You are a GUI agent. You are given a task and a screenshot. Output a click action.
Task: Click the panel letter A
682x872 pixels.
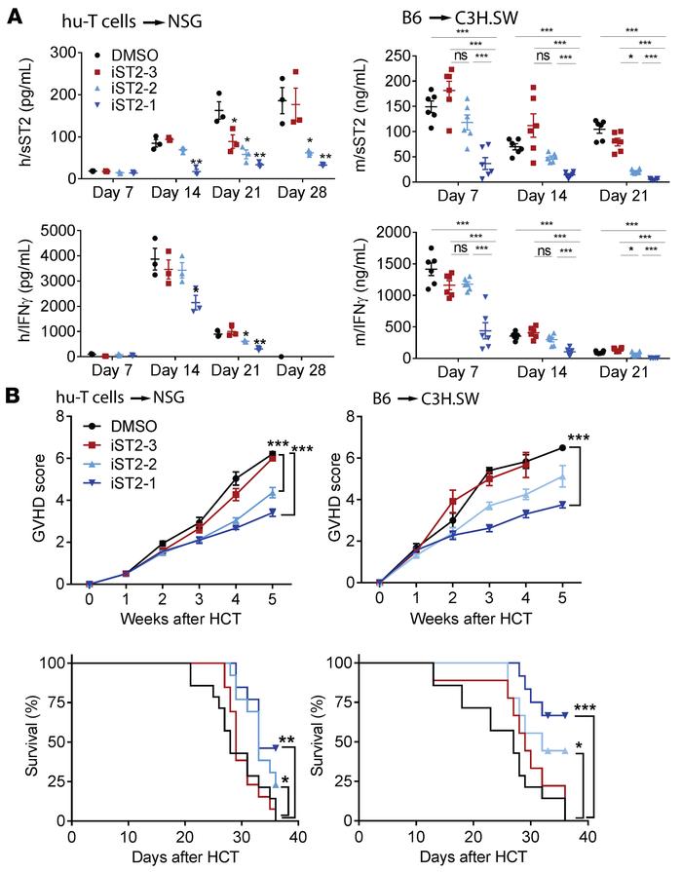coord(13,12)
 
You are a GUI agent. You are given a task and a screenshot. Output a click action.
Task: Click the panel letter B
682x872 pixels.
coord(13,396)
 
